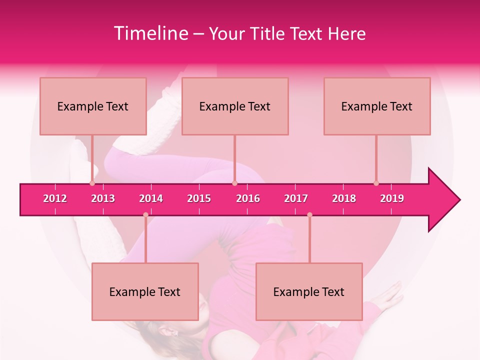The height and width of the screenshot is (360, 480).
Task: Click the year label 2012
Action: click(55, 198)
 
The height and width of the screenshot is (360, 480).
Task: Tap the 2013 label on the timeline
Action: click(103, 198)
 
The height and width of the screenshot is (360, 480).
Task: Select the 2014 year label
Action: click(151, 198)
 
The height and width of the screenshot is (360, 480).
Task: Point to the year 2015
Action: click(199, 198)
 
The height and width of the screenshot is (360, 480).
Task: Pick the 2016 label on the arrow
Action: click(248, 198)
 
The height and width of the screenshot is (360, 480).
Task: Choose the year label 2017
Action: click(296, 198)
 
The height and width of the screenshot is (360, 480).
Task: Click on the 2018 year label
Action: click(344, 198)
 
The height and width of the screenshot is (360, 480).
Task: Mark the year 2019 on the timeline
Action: click(392, 198)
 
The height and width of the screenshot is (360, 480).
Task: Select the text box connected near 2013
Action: click(93, 106)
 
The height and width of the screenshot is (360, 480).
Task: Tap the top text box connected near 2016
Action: click(235, 106)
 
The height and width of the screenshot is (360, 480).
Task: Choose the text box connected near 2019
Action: click(377, 106)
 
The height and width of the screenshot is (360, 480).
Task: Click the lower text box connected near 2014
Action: click(145, 291)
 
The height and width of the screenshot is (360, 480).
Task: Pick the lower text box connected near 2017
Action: click(309, 291)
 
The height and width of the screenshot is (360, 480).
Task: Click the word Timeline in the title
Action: click(150, 33)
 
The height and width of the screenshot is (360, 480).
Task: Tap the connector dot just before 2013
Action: click(92, 183)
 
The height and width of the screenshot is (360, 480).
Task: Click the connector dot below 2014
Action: click(145, 215)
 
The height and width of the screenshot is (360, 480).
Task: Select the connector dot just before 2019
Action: click(376, 183)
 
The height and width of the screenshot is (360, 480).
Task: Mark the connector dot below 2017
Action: click(309, 215)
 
